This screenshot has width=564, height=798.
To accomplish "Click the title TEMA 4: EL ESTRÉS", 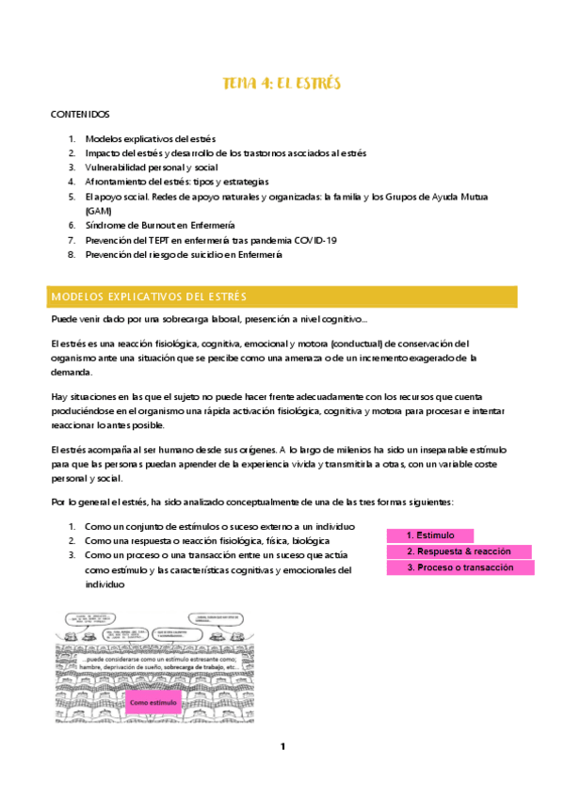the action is coord(282,84).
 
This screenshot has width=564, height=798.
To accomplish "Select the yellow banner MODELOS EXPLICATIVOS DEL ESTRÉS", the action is coord(282,297).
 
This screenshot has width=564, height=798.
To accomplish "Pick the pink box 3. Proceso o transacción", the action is coord(460,568).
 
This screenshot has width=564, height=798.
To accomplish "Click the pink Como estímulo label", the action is coord(153,702).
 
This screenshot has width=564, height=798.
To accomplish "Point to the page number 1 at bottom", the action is coord(282,746).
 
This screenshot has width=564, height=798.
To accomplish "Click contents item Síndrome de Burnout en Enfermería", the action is coord(159,226).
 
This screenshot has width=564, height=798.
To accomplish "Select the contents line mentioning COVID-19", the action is coord(210,240).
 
